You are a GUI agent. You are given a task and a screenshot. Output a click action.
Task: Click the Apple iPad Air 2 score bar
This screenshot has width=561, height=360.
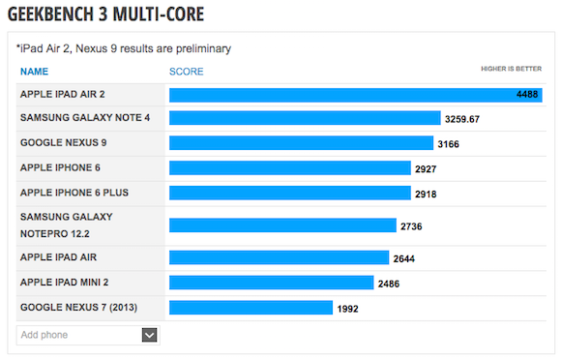pyautogui.click(x=356, y=95)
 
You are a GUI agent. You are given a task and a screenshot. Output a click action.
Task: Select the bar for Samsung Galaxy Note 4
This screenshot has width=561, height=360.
pyautogui.click(x=305, y=118)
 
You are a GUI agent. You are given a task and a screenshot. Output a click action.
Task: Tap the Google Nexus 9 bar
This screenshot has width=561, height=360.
pyautogui.click(x=301, y=143)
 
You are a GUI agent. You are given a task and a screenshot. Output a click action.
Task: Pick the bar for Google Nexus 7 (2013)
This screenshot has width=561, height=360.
pyautogui.click(x=251, y=308)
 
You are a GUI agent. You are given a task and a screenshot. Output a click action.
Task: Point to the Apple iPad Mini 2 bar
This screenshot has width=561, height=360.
pyautogui.click(x=272, y=283)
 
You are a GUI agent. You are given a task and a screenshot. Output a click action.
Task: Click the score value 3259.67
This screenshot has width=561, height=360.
pyautogui.click(x=462, y=119)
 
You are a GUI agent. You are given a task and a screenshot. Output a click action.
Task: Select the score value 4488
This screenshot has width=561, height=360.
pyautogui.click(x=527, y=95)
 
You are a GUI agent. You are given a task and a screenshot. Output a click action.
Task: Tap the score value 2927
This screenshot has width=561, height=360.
pyautogui.click(x=426, y=169)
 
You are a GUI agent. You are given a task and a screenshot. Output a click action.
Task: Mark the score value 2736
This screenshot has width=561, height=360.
pyautogui.click(x=411, y=226)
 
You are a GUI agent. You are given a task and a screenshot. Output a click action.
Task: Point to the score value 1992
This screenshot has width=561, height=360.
pyautogui.click(x=347, y=309)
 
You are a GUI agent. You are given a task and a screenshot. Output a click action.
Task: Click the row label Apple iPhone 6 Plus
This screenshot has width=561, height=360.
pyautogui.click(x=74, y=193)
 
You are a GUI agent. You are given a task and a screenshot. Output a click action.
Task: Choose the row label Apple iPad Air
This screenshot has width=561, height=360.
pyautogui.click(x=58, y=257)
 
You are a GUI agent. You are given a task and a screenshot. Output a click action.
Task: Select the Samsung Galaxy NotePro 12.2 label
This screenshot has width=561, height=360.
pyautogui.click(x=66, y=225)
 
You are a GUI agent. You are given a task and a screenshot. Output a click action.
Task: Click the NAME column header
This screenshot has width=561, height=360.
pyautogui.click(x=34, y=72)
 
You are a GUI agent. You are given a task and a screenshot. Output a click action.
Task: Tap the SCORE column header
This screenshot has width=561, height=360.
pyautogui.click(x=186, y=72)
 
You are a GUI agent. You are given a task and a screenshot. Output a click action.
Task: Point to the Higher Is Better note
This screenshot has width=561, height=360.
pyautogui.click(x=512, y=69)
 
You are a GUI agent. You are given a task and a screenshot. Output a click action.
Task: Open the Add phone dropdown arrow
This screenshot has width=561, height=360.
pyautogui.click(x=150, y=335)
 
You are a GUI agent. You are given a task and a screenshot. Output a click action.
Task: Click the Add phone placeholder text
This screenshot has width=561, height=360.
pyautogui.click(x=44, y=335)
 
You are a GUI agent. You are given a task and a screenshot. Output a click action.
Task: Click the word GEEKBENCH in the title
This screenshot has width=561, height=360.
pyautogui.click(x=51, y=15)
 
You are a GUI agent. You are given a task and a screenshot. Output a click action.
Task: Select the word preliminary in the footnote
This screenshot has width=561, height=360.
pyautogui.click(x=203, y=48)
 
